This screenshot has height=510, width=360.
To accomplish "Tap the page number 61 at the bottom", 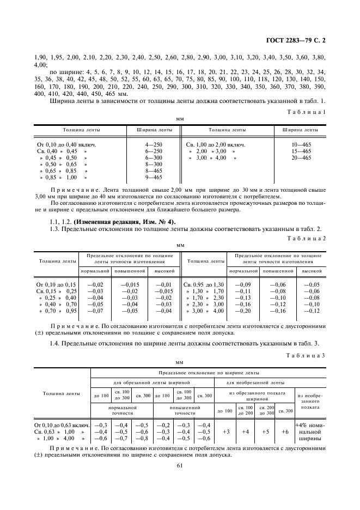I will (x=180, y=465).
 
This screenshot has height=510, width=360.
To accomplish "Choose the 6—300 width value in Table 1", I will (x=154, y=157).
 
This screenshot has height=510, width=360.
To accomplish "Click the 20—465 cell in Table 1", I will (x=301, y=157).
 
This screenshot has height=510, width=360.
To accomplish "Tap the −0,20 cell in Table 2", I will (x=243, y=311).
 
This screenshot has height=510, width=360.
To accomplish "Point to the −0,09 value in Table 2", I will (x=243, y=284).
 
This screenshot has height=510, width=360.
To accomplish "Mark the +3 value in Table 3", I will (x=225, y=431).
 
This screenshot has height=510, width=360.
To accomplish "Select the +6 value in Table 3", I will (x=284, y=431).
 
